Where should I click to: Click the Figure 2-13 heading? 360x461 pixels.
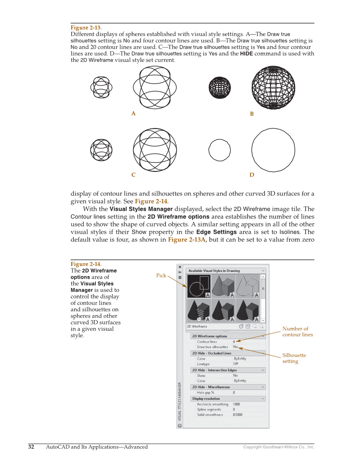point(86,28)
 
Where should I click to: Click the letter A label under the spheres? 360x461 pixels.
point(133,114)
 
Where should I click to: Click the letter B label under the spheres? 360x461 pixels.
point(251,114)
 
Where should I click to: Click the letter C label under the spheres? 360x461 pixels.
point(133,175)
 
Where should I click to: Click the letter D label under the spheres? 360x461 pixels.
point(252,175)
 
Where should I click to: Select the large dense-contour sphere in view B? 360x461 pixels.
point(273,88)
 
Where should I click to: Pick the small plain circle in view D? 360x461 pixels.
point(220,150)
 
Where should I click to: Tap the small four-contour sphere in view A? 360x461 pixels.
point(101,88)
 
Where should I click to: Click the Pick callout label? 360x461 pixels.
point(161,276)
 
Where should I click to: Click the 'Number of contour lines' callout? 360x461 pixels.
point(297,332)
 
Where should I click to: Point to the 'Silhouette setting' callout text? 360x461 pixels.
point(294,358)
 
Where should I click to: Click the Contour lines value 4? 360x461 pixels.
point(234,341)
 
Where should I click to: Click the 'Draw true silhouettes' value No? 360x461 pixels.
point(235,347)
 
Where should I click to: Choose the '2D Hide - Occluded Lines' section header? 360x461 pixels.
point(212,353)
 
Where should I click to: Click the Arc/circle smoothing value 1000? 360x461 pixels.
point(236,404)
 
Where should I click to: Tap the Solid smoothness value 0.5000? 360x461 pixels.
point(237,415)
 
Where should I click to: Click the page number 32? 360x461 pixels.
point(31,447)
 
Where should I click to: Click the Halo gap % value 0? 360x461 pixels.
point(234,393)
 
